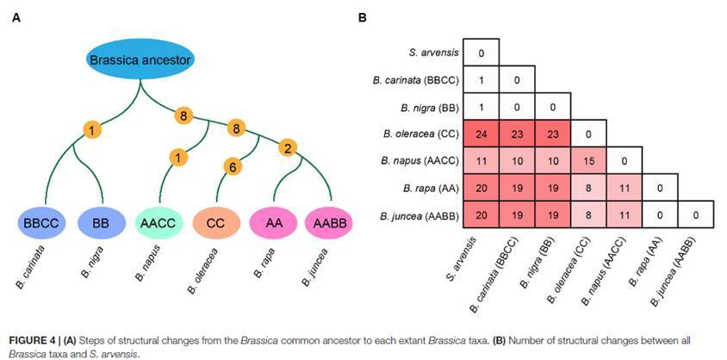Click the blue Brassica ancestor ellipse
pos(141,60)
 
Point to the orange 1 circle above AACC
pos(178,157)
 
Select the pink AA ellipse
pos(273,224)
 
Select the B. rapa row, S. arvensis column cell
pos(482,187)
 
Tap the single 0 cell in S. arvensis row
pos(482,53)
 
